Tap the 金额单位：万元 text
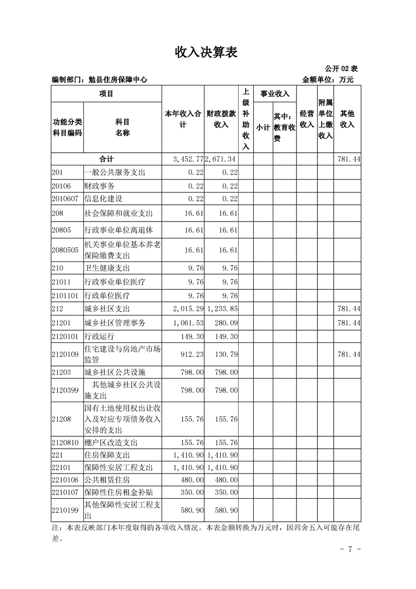[x=328, y=80]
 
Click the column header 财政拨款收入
[x=221, y=119]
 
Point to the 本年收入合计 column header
[x=183, y=119]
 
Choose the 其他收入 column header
[x=347, y=119]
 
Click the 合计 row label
[x=106, y=159]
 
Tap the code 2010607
[x=65, y=199]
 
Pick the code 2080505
[x=65, y=250]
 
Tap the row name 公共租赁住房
[x=107, y=480]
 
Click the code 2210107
[x=65, y=492]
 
